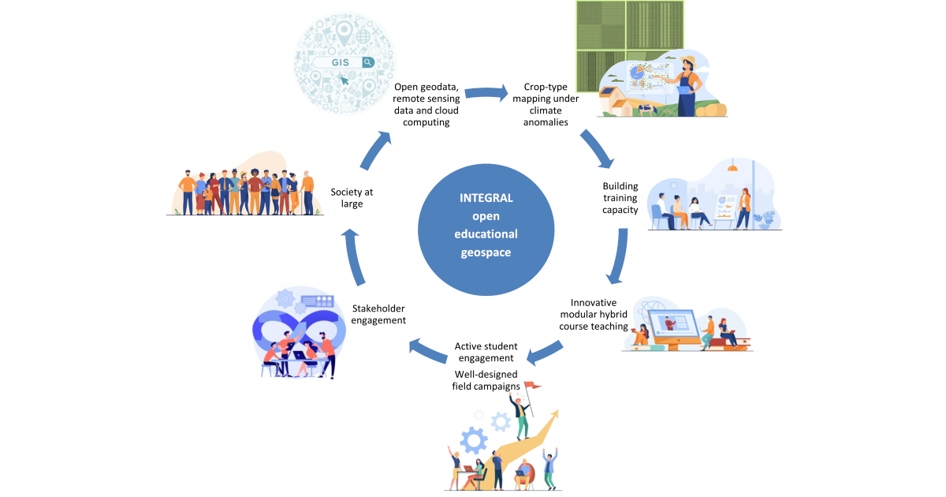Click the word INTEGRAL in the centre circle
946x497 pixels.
[x=486, y=198]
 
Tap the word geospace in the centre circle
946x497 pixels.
[x=486, y=252]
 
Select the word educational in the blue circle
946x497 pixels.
[x=486, y=234]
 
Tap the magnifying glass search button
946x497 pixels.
[x=367, y=62]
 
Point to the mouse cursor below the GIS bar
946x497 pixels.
[x=343, y=79]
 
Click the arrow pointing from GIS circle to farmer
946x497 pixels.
[x=486, y=93]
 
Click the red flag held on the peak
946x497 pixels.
[x=534, y=386]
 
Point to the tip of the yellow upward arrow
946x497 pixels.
[x=559, y=412]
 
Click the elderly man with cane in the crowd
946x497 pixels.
[x=308, y=193]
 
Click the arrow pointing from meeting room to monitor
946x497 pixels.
[x=618, y=256]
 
